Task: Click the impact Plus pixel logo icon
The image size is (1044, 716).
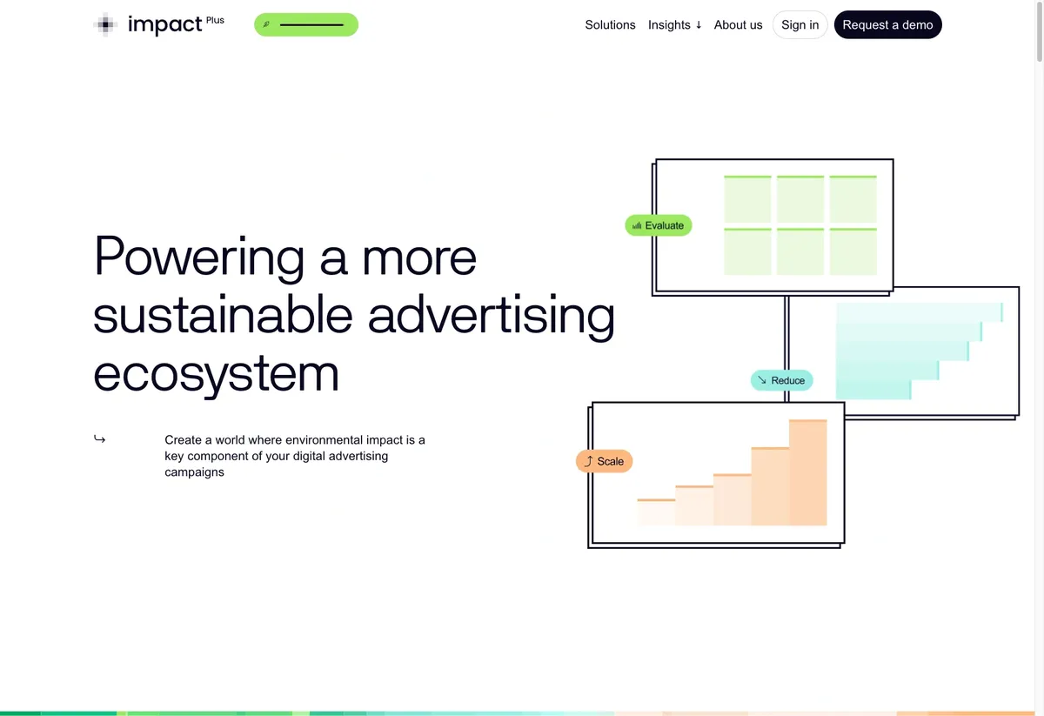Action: [x=105, y=24]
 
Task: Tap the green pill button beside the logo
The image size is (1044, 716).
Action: [x=305, y=24]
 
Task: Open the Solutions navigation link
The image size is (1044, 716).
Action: [x=610, y=24]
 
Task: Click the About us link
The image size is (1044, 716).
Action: [x=738, y=24]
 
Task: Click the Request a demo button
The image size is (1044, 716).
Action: [x=887, y=24]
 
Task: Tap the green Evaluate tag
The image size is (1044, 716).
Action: [x=658, y=225]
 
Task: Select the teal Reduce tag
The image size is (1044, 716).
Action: [x=781, y=380]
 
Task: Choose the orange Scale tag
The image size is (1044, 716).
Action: [x=604, y=461]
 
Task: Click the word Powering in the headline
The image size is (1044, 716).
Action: [x=199, y=258]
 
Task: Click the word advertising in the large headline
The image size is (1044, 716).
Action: [x=492, y=315]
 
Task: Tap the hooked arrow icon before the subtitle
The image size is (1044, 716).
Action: [x=99, y=438]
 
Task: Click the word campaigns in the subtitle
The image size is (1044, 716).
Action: [x=194, y=472]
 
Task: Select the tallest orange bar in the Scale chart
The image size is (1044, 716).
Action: [x=807, y=472]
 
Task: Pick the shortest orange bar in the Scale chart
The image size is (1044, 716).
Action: [x=656, y=512]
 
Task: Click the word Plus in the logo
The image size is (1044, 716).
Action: [x=215, y=20]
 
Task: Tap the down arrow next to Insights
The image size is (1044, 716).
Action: [x=698, y=25]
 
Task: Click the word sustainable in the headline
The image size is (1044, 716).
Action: [x=223, y=316]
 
